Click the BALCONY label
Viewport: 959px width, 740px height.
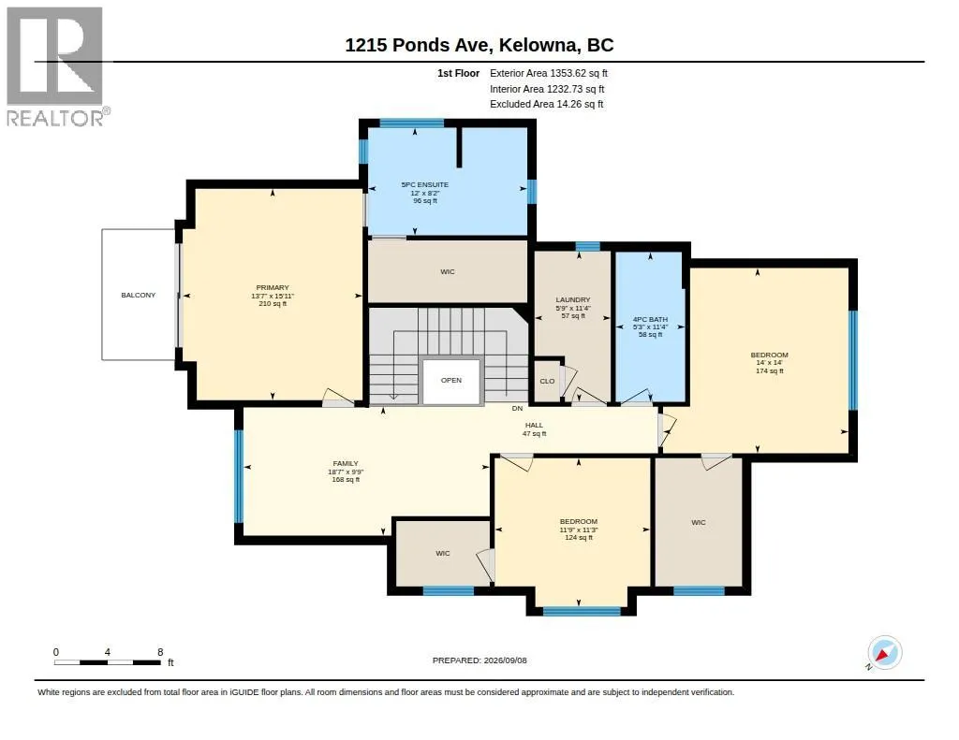coord(139,295)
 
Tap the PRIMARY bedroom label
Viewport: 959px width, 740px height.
coord(273,288)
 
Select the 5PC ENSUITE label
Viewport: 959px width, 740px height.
coord(425,184)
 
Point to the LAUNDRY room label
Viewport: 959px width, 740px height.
coord(573,300)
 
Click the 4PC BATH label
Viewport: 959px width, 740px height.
coord(650,320)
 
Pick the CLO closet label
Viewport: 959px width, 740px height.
coord(547,382)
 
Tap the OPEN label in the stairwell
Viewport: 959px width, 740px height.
coord(451,380)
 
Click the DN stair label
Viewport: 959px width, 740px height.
coord(517,408)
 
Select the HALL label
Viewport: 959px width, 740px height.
coord(534,426)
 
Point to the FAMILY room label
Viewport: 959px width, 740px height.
coord(346,464)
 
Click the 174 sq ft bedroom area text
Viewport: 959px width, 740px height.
coord(770,370)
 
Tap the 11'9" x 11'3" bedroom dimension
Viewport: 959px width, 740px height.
coord(579,530)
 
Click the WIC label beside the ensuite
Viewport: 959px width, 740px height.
coord(448,272)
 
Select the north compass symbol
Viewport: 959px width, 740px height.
coord(884,653)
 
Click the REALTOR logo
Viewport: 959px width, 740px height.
coord(57,66)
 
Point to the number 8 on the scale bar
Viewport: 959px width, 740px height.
coord(160,652)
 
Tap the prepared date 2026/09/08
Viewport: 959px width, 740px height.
coord(505,660)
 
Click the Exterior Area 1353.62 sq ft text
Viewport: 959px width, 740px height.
coord(549,73)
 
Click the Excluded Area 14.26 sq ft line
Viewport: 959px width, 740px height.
coord(547,105)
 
